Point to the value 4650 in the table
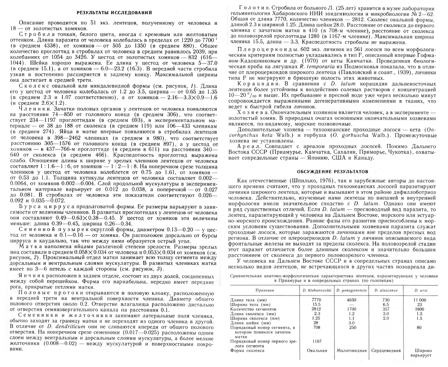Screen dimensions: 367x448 (351, 299)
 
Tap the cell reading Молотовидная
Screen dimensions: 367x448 (351, 351)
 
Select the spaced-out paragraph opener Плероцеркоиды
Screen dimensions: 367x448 (260, 50)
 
